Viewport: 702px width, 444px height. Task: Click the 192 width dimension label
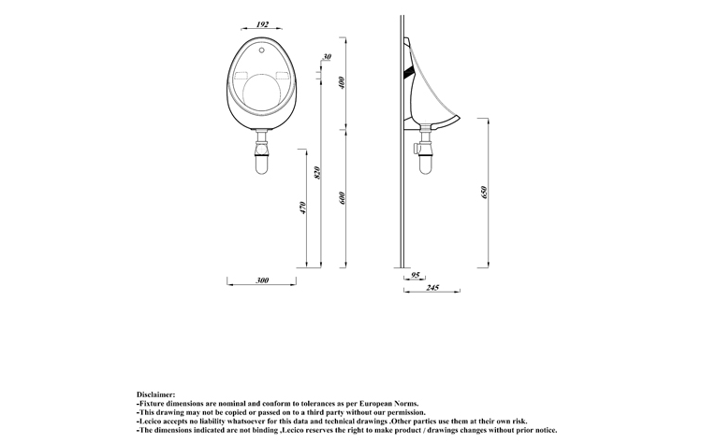[262, 24]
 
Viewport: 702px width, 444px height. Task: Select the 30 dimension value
[328, 57]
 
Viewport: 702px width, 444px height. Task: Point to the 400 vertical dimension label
[343, 82]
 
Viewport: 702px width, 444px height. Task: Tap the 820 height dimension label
[317, 173]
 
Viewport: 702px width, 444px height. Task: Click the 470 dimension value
[302, 208]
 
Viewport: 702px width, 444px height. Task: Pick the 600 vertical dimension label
[343, 198]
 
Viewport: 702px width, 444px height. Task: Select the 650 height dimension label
[483, 193]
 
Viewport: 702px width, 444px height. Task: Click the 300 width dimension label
[262, 280]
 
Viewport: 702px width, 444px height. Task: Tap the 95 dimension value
[416, 275]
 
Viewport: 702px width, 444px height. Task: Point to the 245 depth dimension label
[432, 288]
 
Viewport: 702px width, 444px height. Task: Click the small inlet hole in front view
[262, 50]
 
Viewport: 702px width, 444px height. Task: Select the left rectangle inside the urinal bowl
[241, 75]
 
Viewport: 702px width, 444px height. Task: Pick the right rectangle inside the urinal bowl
[283, 75]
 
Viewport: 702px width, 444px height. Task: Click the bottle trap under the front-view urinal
[261, 151]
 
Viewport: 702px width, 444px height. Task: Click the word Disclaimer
[155, 394]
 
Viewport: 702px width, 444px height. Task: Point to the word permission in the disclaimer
[406, 412]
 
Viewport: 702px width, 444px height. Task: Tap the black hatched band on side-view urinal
[409, 71]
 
